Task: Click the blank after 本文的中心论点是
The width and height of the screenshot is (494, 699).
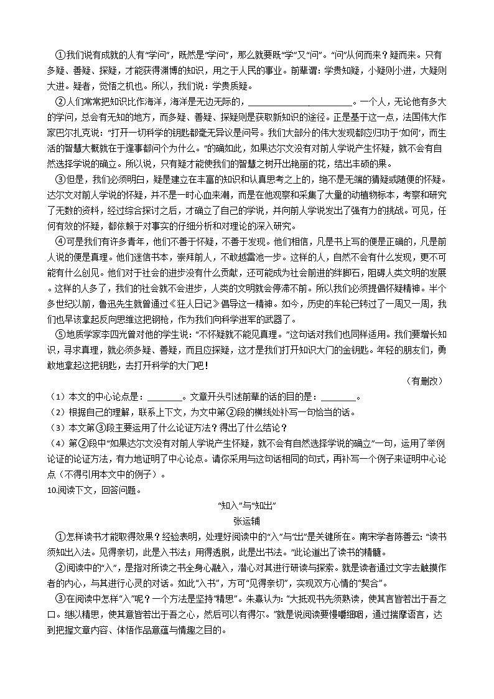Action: pos(167,398)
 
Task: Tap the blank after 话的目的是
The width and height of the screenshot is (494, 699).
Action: pos(339,398)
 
